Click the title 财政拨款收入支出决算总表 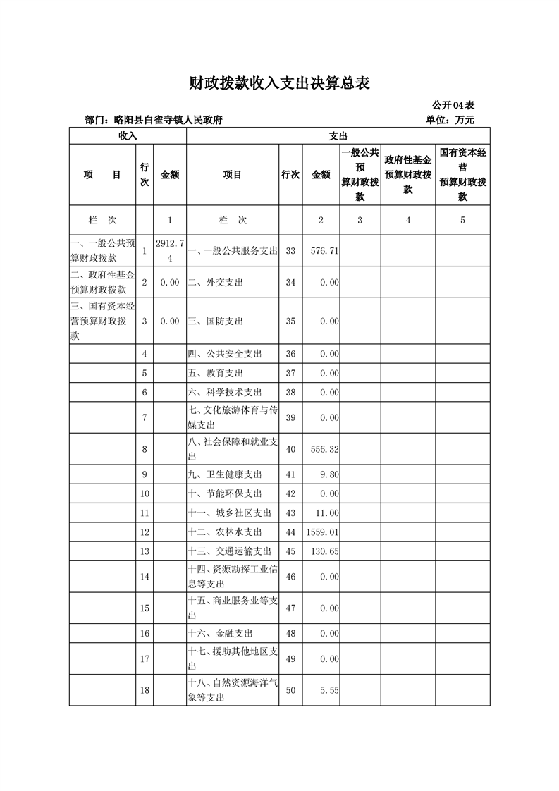(279, 84)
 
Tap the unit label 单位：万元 (450, 120)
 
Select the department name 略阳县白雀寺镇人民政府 (168, 121)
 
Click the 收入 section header (128, 135)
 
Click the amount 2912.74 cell (170, 250)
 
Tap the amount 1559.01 (321, 532)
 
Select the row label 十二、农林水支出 (225, 532)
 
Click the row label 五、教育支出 (216, 373)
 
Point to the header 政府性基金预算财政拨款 (408, 175)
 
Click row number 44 (291, 532)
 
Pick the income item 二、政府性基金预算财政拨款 (103, 282)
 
